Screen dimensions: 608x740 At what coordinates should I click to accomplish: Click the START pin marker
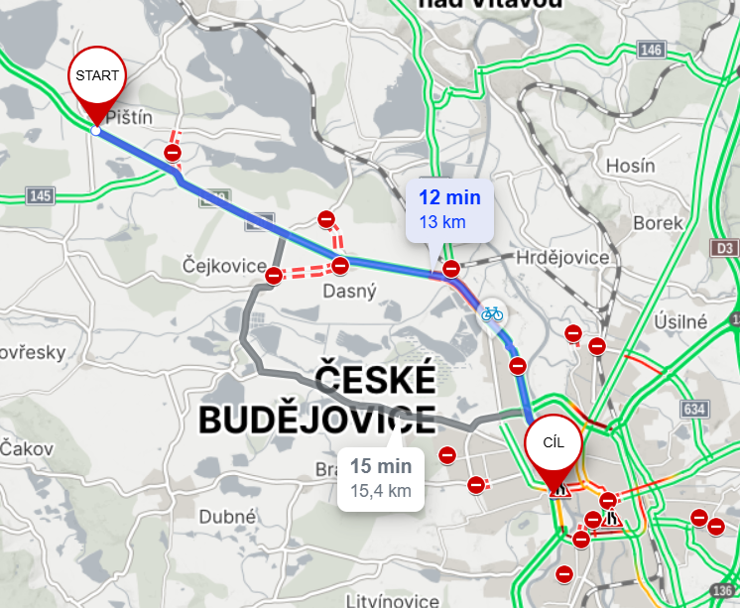pyautogui.click(x=96, y=77)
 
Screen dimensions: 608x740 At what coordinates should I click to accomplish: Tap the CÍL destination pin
pyautogui.click(x=554, y=444)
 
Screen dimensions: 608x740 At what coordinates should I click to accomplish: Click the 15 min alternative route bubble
pyautogui.click(x=381, y=477)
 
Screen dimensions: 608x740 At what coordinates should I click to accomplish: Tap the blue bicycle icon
pyautogui.click(x=492, y=313)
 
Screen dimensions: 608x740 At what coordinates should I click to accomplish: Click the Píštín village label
pyautogui.click(x=130, y=118)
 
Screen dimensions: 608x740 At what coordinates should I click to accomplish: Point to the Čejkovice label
pyautogui.click(x=224, y=266)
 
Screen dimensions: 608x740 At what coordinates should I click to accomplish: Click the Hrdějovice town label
pyautogui.click(x=562, y=258)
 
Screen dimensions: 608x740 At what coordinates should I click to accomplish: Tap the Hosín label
pyautogui.click(x=630, y=166)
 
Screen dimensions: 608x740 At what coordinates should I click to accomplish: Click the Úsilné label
pyautogui.click(x=680, y=322)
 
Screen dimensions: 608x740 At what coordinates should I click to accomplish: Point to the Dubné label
pyautogui.click(x=228, y=516)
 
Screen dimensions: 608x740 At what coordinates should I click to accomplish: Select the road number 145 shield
pyautogui.click(x=40, y=195)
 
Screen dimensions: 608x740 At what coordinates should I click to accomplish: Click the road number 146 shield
pyautogui.click(x=651, y=50)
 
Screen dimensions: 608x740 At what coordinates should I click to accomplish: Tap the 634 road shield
pyautogui.click(x=693, y=409)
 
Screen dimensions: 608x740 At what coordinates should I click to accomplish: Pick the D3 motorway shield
pyautogui.click(x=725, y=247)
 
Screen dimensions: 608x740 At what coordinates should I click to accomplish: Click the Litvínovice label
pyautogui.click(x=393, y=601)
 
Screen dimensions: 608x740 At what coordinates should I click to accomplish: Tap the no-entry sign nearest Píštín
pyautogui.click(x=173, y=152)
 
